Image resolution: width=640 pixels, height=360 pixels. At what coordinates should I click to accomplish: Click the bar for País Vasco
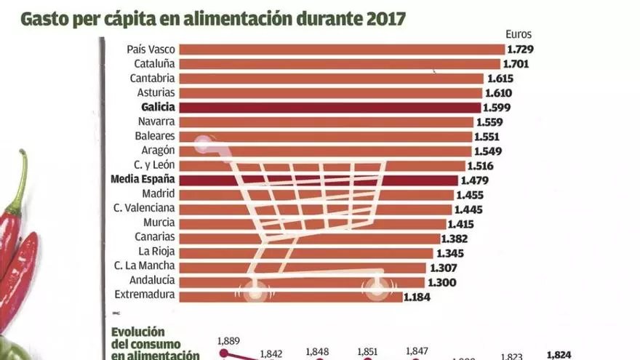(341, 49)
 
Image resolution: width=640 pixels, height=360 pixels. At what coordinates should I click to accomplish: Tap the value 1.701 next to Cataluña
(517, 64)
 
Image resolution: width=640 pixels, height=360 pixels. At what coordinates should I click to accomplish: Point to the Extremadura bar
(290, 297)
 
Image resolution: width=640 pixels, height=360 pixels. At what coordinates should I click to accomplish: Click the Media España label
(143, 180)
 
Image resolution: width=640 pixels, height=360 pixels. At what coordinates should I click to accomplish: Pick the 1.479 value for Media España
(475, 180)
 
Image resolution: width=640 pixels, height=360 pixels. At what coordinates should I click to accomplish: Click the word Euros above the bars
(519, 33)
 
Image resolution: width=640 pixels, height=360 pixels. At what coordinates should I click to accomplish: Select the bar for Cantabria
(331, 79)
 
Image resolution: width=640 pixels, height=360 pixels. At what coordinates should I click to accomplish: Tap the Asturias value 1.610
(499, 93)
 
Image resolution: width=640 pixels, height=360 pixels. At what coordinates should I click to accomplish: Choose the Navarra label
(155, 122)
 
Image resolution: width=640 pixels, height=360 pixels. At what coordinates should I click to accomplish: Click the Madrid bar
(316, 195)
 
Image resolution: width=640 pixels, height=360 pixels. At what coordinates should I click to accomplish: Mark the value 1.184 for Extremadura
(418, 297)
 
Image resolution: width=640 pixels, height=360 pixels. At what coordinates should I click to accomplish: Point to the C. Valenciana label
(145, 209)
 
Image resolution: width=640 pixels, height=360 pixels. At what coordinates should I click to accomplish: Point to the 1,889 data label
(228, 339)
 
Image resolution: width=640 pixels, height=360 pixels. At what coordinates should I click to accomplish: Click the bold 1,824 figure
(559, 355)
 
